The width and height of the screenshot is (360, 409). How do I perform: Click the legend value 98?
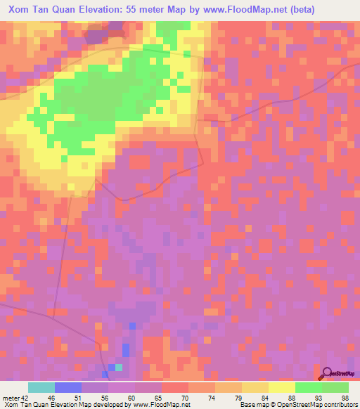[345, 397]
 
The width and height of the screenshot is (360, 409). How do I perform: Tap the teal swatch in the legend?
[41, 387]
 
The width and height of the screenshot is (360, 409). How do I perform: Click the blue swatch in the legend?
[68, 387]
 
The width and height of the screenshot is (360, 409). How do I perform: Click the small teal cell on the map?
[119, 367]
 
